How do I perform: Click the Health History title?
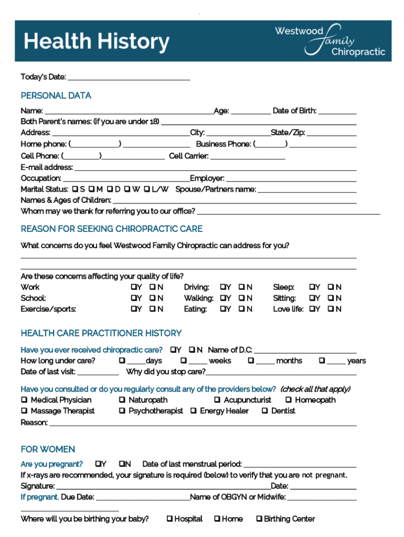pos(97,41)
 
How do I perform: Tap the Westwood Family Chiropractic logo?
pos(330,40)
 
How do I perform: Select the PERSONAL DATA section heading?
pos(56,95)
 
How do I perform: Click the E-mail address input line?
pos(215,168)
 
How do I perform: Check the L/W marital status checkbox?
pos(147,189)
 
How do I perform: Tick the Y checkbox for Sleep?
pos(312,287)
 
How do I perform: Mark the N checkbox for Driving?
pos(241,287)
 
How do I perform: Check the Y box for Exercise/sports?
pos(133,309)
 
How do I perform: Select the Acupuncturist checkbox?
pos(217,400)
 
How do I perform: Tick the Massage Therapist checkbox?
pos(24,411)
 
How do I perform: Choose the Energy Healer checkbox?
pos(193,411)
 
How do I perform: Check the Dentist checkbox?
pos(264,411)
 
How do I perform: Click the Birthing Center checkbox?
pos(259,519)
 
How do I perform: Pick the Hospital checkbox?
pos(169,519)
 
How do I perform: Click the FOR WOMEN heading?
pos(48,449)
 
